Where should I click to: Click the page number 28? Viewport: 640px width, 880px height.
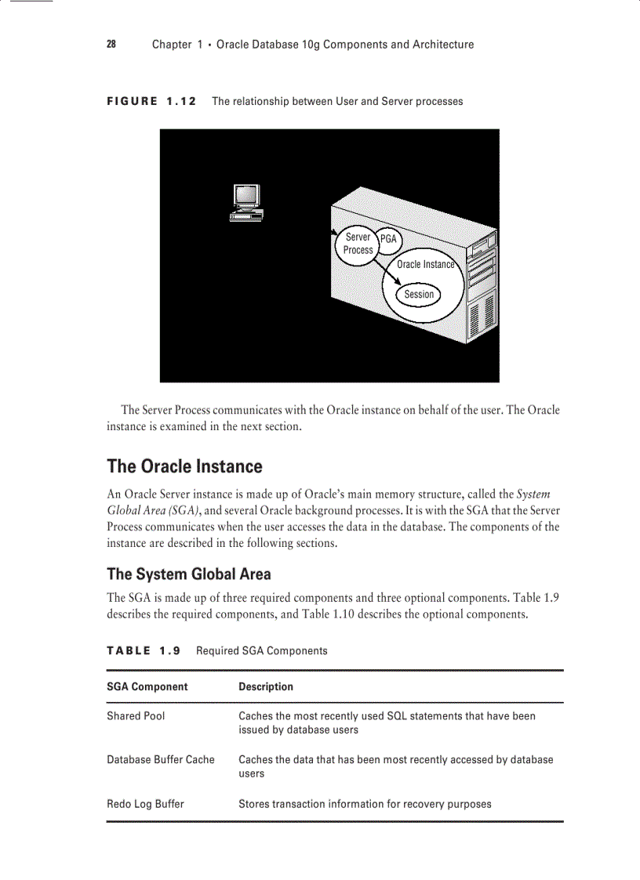[111, 45]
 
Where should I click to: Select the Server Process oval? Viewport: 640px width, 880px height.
[358, 244]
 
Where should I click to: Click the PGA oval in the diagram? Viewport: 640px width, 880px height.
[388, 239]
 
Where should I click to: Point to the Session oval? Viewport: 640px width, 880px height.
[419, 295]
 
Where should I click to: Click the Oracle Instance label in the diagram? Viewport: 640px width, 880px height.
[425, 265]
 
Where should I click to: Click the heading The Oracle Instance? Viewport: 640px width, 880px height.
[184, 466]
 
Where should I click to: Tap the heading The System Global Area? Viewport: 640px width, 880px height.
[188, 574]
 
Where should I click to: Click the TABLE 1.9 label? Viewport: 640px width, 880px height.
[144, 650]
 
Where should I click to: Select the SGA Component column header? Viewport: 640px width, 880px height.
[147, 686]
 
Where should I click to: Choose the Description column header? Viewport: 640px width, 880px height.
[266, 686]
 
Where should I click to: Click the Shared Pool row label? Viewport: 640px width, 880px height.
[136, 715]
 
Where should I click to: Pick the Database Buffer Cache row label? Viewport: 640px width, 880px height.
[161, 759]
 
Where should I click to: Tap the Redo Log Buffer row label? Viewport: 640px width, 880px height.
[145, 803]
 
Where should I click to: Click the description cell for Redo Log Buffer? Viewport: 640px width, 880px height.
[365, 803]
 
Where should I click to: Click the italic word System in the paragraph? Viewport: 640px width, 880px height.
[533, 494]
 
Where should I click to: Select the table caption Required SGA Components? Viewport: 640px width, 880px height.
[262, 650]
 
